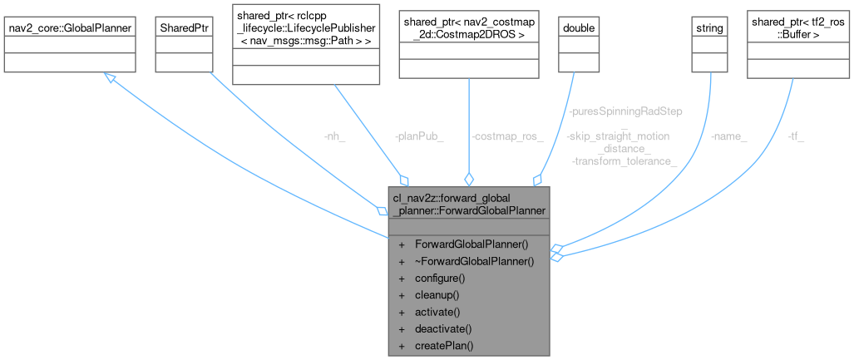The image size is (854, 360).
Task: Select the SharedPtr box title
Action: (181, 27)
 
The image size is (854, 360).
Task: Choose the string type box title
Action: (708, 27)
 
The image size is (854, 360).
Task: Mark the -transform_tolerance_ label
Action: (624, 160)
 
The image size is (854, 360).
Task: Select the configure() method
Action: (439, 278)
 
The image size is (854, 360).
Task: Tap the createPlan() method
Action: (443, 345)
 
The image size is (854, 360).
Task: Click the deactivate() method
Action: (443, 328)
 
